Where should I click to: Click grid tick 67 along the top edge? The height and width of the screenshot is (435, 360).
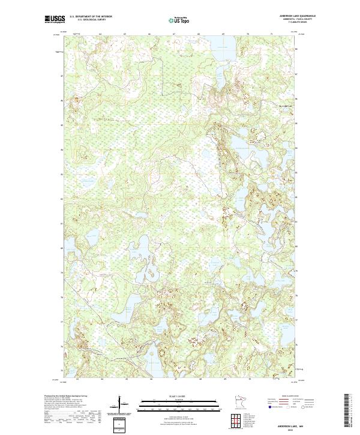pos(173,35)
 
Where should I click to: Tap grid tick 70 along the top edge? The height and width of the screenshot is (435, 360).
pos(247,35)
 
